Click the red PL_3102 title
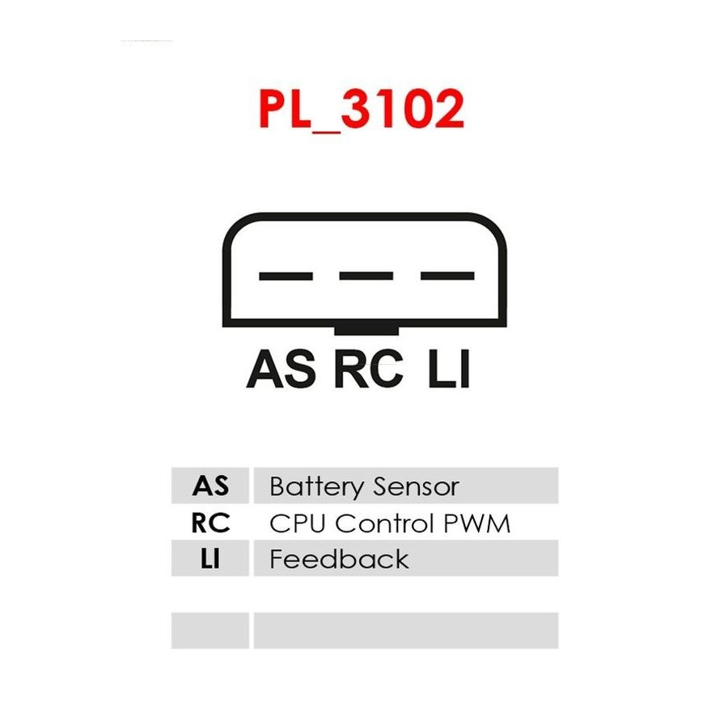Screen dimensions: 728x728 pyautogui.click(x=362, y=109)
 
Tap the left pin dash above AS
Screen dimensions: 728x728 pyautogui.click(x=286, y=277)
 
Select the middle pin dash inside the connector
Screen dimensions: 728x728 pyautogui.click(x=366, y=276)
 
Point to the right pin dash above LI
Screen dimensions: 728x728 pyautogui.click(x=447, y=276)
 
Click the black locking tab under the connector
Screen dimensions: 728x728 pyautogui.click(x=366, y=330)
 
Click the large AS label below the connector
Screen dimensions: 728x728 pyautogui.click(x=281, y=369)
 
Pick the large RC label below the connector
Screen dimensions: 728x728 pyautogui.click(x=368, y=369)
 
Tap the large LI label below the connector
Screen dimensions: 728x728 pyautogui.click(x=449, y=369)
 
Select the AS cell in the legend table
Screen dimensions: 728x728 pyautogui.click(x=210, y=485)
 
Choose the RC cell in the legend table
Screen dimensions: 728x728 pyautogui.click(x=210, y=523)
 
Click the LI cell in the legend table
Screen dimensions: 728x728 pyautogui.click(x=210, y=558)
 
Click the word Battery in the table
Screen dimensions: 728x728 pyautogui.click(x=316, y=487)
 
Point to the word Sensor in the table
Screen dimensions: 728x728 pyautogui.click(x=416, y=487)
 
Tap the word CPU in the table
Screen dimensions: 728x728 pyautogui.click(x=297, y=523)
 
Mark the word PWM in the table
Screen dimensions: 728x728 pyautogui.click(x=476, y=523)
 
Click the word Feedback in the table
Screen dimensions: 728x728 pyautogui.click(x=340, y=558)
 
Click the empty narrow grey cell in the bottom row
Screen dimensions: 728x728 pyautogui.click(x=210, y=630)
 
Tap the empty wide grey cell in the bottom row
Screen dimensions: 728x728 pyautogui.click(x=406, y=630)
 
